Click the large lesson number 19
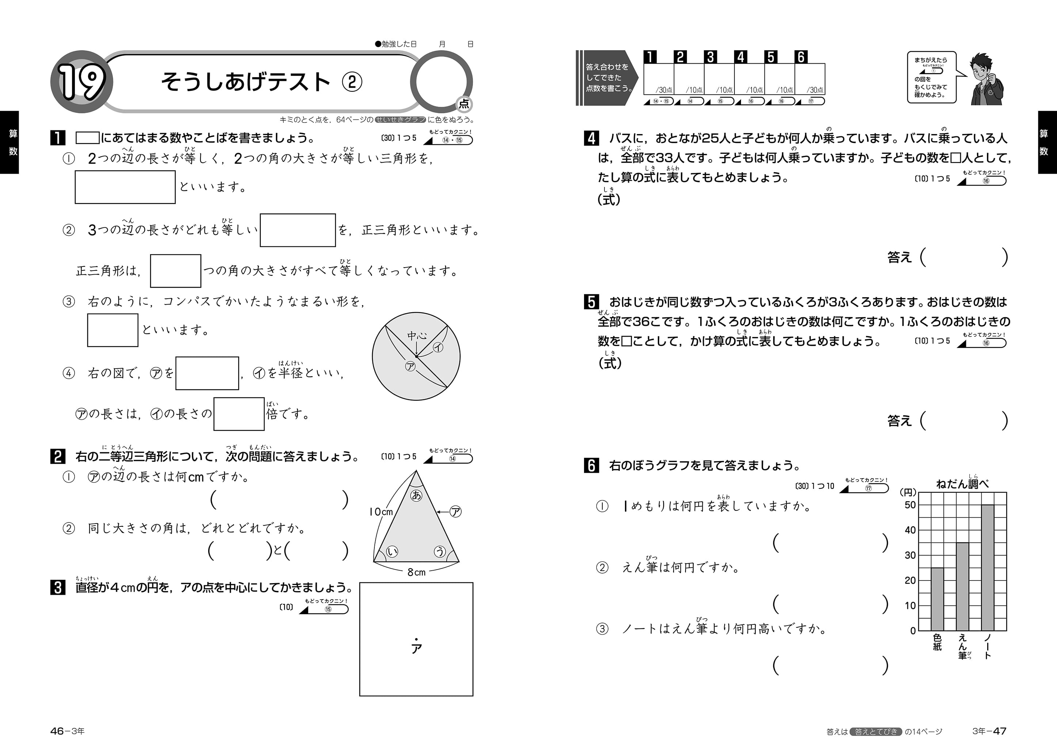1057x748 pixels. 82,82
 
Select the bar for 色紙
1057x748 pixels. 937,599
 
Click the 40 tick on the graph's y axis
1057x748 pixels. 910,530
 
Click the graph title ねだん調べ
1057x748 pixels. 962,483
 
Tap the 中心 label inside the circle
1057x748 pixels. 417,336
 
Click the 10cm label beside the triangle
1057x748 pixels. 381,511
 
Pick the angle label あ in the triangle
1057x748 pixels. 416,495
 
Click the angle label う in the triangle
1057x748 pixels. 440,551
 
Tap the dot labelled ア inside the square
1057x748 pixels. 416,639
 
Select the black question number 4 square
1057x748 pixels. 591,138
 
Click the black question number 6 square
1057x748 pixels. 591,465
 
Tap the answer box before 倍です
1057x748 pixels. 239,414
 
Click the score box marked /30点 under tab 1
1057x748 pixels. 658,79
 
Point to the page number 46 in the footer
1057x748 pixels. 57,731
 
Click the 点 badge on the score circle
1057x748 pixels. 463,104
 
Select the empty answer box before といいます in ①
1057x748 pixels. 125,187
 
